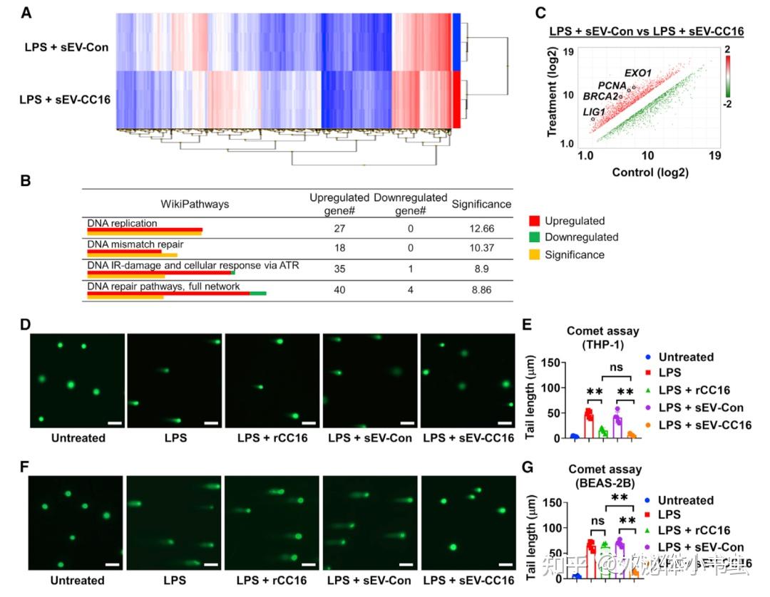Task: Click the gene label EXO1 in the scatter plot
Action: [x=638, y=73]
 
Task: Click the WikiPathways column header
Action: [x=195, y=204]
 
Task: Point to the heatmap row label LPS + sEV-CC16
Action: [x=65, y=100]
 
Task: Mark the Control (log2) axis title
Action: [x=648, y=173]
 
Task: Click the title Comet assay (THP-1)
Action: [x=604, y=336]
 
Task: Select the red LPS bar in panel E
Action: [x=589, y=425]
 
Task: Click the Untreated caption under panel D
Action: [x=78, y=437]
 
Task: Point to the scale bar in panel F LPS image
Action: [x=210, y=566]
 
